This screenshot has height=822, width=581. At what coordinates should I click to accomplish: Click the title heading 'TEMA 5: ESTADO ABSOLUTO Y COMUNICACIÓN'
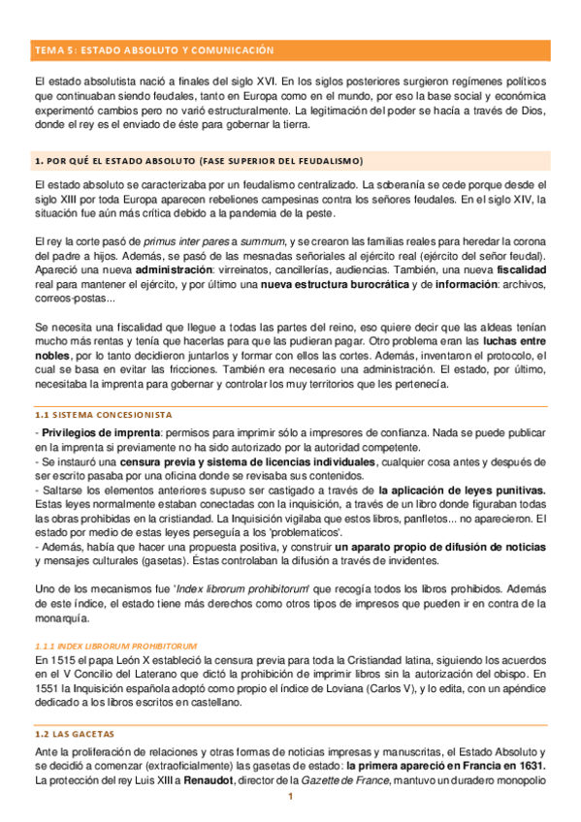coord(154,49)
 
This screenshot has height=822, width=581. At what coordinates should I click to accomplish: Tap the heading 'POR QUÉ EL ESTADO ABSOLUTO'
coord(198,160)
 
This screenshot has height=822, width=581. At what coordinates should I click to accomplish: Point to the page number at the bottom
coord(289,799)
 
